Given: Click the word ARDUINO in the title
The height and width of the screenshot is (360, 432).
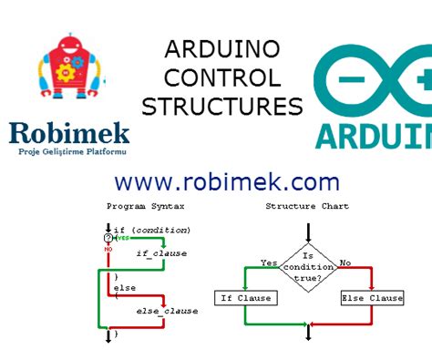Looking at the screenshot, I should pos(221,49).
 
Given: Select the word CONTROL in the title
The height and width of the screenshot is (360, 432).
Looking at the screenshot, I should pos(221,77).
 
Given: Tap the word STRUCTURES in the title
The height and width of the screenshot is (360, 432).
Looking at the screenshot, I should pos(221,107).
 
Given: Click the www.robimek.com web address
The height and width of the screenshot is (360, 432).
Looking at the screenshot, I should pos(227,180).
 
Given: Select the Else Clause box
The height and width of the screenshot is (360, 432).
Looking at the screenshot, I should pos(372,298).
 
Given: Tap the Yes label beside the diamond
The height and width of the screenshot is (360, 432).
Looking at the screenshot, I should pos(269,262).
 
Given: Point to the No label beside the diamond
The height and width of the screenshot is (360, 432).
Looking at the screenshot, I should pos(345,262).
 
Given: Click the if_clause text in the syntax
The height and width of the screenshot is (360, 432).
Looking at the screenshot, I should pos(160,252).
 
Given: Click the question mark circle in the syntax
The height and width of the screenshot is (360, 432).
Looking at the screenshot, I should pos(108,238).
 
